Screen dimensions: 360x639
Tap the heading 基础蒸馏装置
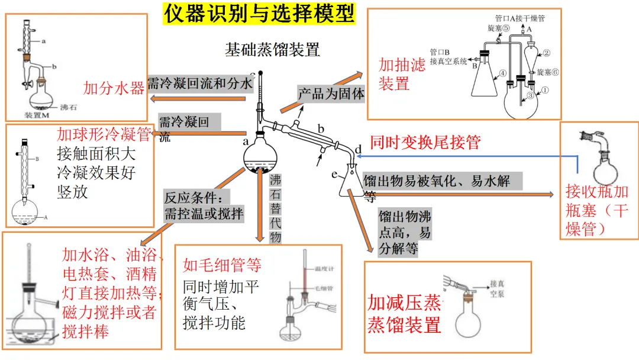[x=272, y=50]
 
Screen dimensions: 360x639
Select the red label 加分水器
[x=114, y=89]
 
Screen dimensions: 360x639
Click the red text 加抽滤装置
[x=402, y=74]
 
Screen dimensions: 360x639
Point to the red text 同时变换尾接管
[x=425, y=142]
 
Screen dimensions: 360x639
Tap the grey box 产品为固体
[x=331, y=93]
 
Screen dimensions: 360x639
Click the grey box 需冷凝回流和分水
[x=199, y=83]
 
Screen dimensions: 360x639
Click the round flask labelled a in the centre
[x=260, y=156]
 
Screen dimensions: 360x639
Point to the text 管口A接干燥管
[x=520, y=18]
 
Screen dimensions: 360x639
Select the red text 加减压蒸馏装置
[x=405, y=314]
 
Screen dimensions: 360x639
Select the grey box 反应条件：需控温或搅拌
[x=204, y=205]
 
